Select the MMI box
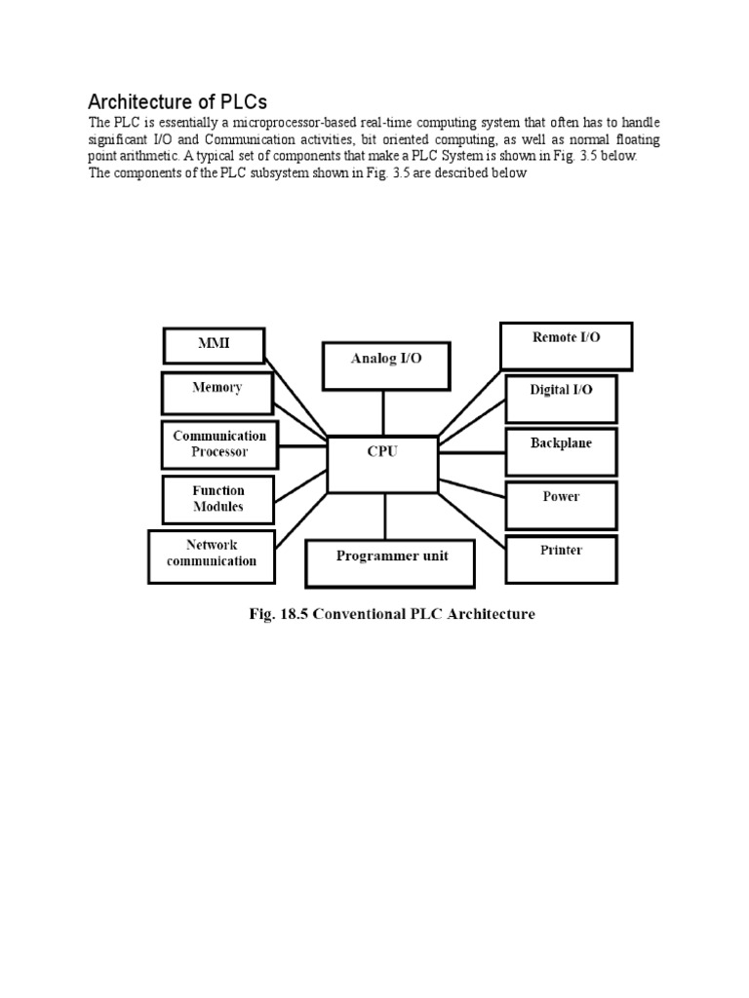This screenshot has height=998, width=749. pos(215,345)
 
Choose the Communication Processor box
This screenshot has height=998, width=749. pos(219,444)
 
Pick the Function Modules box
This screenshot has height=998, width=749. pos(218,499)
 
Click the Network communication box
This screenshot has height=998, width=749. pos(212,554)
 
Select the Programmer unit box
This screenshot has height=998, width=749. pos(391,562)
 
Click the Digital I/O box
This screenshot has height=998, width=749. pos(561,396)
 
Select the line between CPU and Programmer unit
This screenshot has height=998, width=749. pos(386,517)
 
